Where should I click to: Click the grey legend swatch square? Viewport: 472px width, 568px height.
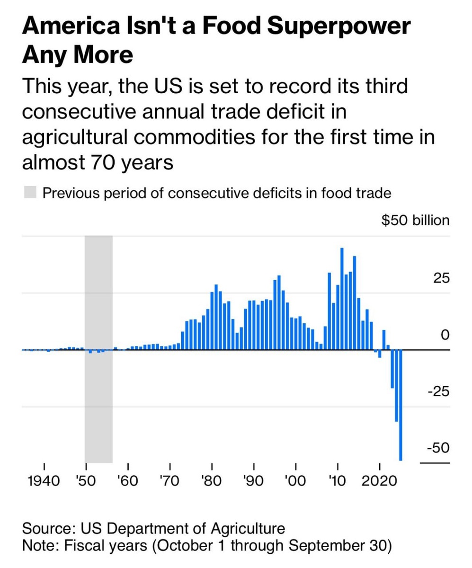point(30,193)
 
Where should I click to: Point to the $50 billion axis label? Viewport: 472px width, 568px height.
point(415,220)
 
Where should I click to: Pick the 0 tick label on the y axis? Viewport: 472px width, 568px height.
point(444,335)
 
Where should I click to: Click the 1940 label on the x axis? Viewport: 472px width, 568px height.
point(44,481)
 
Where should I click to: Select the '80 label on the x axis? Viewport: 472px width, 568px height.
point(212,481)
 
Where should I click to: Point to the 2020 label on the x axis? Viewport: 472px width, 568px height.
point(379,481)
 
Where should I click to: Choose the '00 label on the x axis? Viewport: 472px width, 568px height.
point(295,481)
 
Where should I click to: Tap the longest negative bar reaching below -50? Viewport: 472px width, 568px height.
point(401,405)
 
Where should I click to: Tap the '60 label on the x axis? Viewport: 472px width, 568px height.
point(128,481)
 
